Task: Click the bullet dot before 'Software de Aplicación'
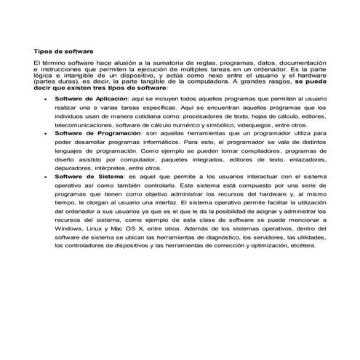(47, 97)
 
